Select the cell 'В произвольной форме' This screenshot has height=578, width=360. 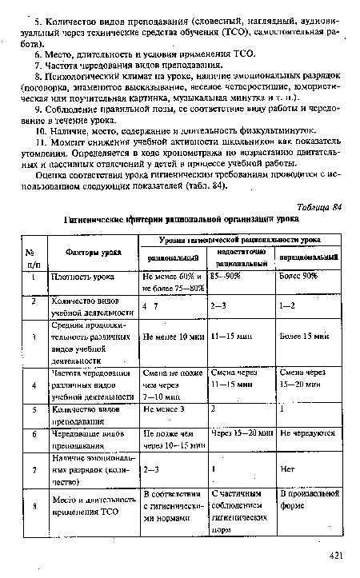tap(309, 504)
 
